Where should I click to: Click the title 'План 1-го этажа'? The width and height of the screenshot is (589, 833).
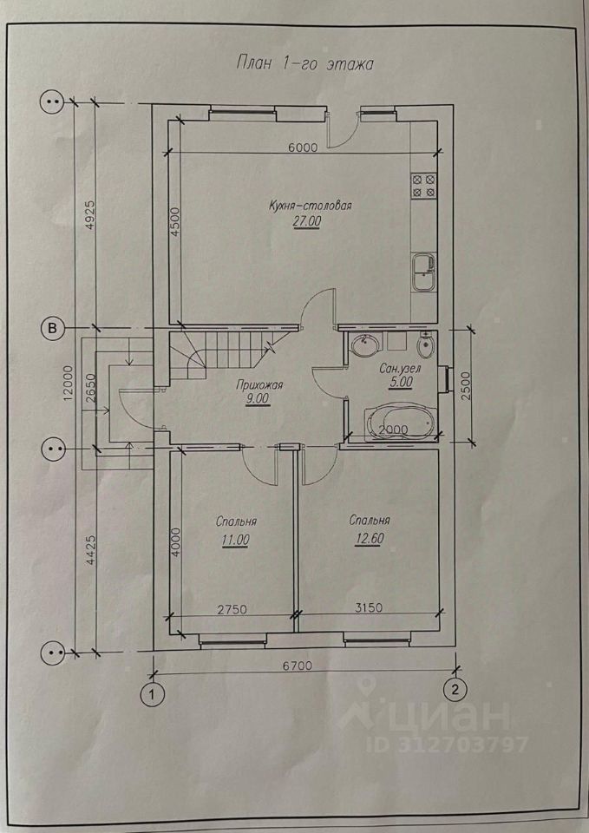click(x=304, y=63)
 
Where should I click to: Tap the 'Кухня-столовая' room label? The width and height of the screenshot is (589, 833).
click(x=311, y=206)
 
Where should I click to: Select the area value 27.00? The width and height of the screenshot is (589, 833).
click(x=306, y=221)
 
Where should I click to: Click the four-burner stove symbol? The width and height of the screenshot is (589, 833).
click(x=423, y=186)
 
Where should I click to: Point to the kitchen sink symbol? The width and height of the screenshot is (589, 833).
click(x=424, y=272)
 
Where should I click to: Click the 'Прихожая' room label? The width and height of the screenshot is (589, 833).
click(x=259, y=385)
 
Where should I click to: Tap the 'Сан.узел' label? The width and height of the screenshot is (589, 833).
click(x=396, y=369)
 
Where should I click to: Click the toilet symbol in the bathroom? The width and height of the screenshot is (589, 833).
click(x=425, y=346)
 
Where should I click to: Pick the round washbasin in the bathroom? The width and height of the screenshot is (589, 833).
click(x=366, y=346)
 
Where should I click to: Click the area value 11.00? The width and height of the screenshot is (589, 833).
click(x=236, y=540)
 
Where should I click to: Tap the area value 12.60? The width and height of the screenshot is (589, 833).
click(x=366, y=539)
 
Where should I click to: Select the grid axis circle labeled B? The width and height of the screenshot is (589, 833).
click(x=52, y=329)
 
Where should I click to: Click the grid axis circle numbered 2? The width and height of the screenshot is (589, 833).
click(x=455, y=690)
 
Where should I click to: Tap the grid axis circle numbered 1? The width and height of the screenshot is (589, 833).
click(x=153, y=693)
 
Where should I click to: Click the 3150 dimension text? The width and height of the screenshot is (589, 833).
click(x=368, y=607)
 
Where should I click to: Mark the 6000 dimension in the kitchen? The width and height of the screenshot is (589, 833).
click(x=303, y=148)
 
